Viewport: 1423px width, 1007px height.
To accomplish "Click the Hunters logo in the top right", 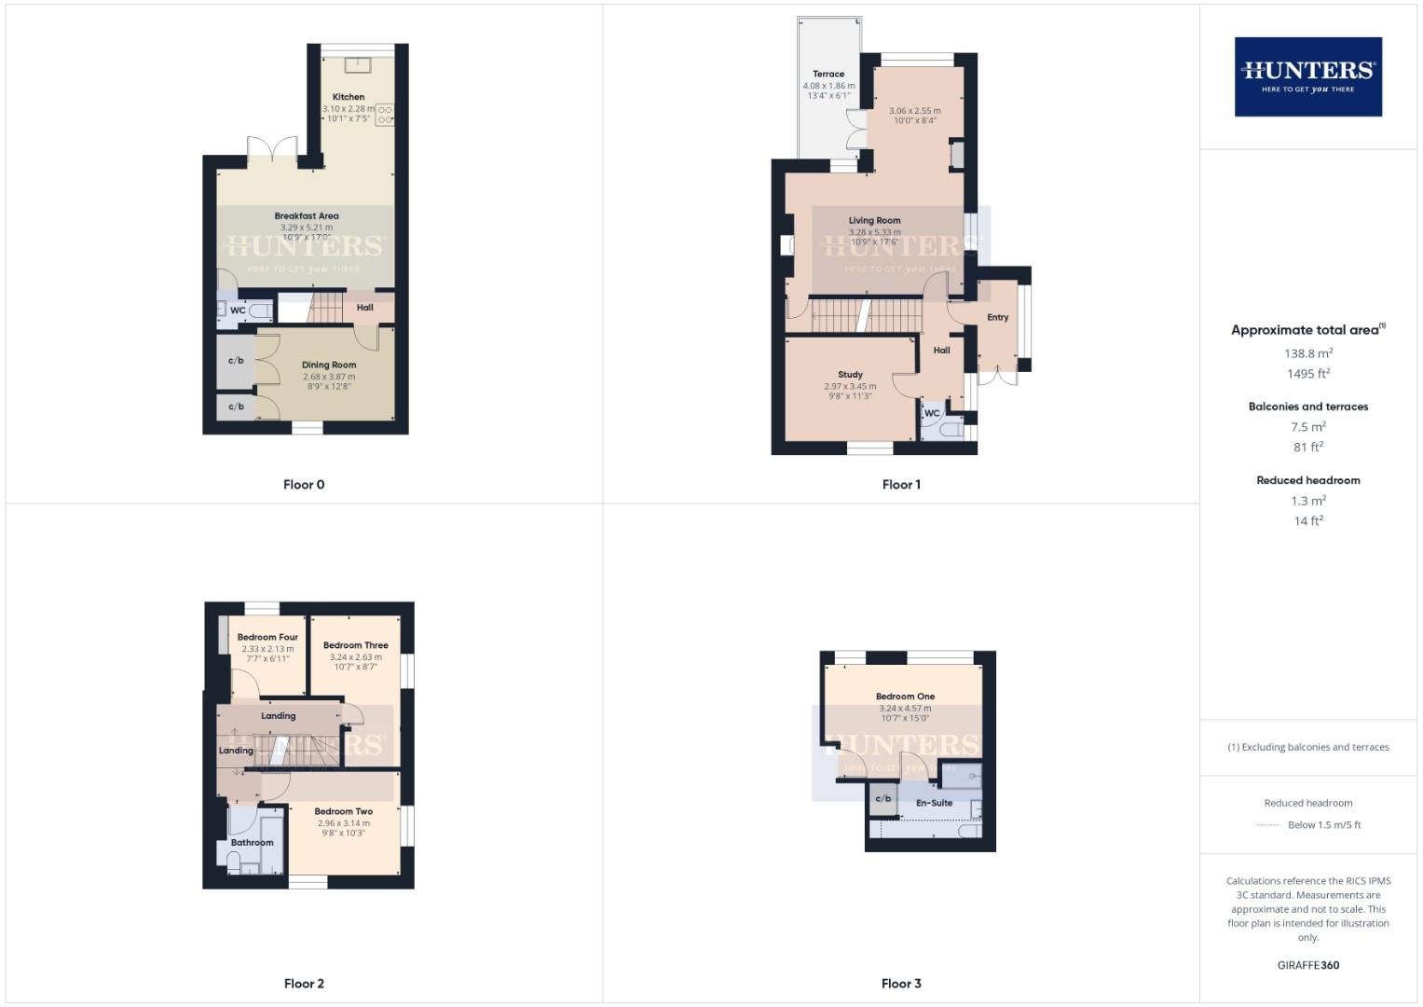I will [1307, 76].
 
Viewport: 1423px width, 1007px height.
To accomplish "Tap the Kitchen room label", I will [349, 97].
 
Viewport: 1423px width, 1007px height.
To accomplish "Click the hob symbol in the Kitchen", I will [385, 115].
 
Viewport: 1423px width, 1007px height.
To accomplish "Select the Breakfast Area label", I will [307, 216].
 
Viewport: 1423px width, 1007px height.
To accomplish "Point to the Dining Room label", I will [329, 366].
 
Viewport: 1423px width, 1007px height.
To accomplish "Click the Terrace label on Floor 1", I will [828, 74].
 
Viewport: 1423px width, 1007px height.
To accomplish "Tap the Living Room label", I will [874, 221].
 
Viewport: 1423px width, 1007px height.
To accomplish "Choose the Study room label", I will [850, 375].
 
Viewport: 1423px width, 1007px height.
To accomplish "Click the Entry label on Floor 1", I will [998, 318].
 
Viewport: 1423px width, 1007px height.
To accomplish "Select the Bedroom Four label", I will [267, 638].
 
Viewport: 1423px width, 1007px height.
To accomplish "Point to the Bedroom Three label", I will [356, 645].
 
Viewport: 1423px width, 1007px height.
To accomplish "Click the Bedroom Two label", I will [344, 812].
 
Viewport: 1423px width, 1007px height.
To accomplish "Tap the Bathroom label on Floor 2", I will [253, 843].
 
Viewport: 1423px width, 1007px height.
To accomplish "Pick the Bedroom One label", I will [905, 697].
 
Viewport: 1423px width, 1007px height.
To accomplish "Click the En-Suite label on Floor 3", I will [934, 803].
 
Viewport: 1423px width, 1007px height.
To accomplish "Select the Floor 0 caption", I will [304, 485].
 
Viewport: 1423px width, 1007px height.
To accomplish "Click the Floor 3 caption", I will [901, 984].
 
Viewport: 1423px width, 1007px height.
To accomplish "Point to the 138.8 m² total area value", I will [1307, 353].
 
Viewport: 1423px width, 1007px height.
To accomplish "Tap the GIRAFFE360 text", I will [1307, 966].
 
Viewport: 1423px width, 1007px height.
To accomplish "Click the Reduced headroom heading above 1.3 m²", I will [1307, 481].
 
